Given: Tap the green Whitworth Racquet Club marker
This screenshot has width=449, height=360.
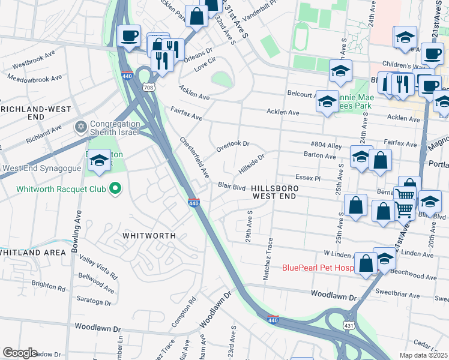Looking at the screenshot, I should click(x=115, y=190).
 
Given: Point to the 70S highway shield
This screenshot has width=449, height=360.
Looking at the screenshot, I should click(x=149, y=87).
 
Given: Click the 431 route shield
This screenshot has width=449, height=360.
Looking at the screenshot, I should click(x=349, y=325).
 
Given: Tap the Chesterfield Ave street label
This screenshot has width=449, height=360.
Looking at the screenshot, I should click(x=194, y=157).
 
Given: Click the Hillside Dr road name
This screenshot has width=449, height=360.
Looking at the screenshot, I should click(x=251, y=164).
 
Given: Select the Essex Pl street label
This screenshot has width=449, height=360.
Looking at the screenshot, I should click(x=309, y=178).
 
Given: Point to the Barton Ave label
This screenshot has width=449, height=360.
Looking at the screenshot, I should click(x=320, y=155).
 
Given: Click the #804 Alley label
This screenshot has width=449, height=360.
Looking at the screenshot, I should click(x=326, y=145).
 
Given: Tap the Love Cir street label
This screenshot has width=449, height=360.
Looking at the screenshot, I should click(x=204, y=67).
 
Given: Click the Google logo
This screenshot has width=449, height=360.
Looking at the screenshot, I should click(x=20, y=353).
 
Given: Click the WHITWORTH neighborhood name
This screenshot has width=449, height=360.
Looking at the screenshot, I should click(x=148, y=236).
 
